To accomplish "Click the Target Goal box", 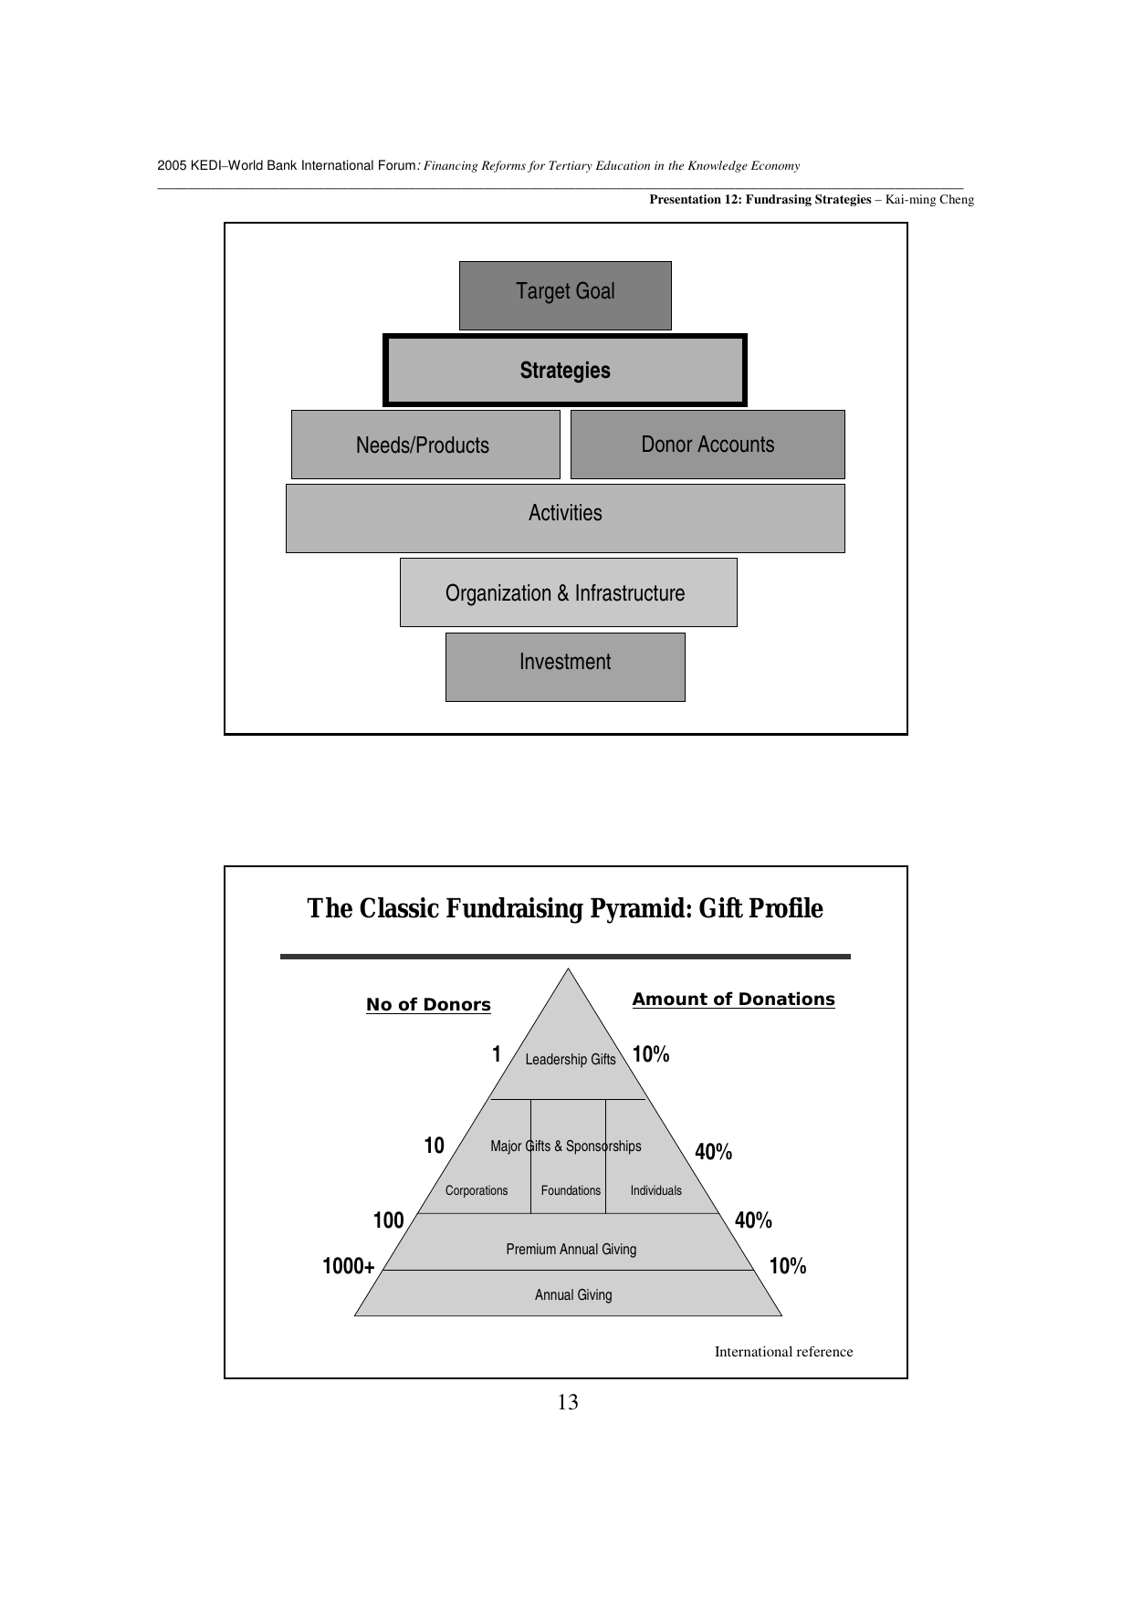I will [x=565, y=295].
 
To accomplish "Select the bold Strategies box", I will [x=565, y=371].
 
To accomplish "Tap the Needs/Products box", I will [x=424, y=445].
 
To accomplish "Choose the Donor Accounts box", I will [x=707, y=445].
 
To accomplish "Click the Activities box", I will [x=565, y=518].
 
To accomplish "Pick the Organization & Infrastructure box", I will [x=568, y=592].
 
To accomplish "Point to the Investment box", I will [x=565, y=666].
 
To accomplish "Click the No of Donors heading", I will [x=428, y=1005].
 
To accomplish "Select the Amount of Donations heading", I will [x=733, y=1000].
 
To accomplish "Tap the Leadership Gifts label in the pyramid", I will [x=571, y=1060].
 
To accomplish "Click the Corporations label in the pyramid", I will [x=477, y=1190].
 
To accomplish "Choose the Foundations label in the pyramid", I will [x=571, y=1190].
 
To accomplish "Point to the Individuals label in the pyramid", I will [x=655, y=1190].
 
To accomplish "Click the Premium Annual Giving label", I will [x=571, y=1250].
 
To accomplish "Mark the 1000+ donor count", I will [x=349, y=1267].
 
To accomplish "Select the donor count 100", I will [x=389, y=1221].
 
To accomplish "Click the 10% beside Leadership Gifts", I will [x=651, y=1055].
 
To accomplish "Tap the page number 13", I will [x=567, y=1403].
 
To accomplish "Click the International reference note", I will [x=783, y=1352].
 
